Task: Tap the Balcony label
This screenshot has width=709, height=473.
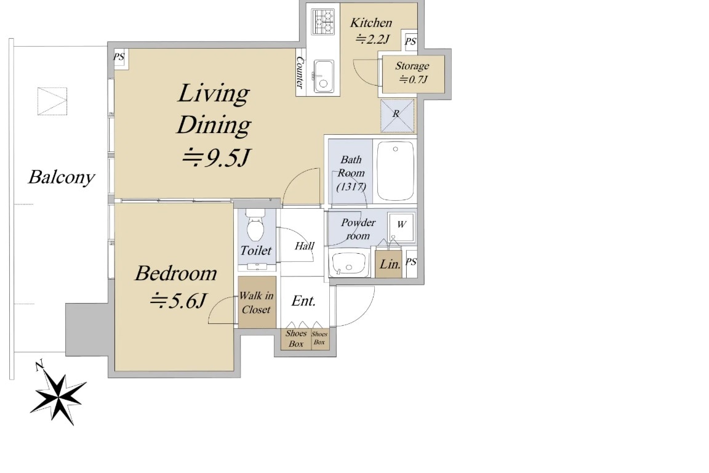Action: [62, 178]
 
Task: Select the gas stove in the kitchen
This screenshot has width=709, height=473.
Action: [322, 22]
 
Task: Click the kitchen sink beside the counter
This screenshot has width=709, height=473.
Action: [323, 76]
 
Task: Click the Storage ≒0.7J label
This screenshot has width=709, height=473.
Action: [412, 73]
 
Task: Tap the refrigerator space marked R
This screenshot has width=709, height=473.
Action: [397, 115]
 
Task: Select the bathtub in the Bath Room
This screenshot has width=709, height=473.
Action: [395, 171]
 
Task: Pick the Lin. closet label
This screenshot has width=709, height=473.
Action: [389, 264]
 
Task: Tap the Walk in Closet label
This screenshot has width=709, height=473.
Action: [256, 302]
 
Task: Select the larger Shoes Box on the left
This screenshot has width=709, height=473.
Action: [296, 339]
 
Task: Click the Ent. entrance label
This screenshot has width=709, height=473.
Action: [303, 301]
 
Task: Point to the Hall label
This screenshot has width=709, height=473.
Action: [304, 246]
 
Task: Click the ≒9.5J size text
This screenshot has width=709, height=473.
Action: [215, 159]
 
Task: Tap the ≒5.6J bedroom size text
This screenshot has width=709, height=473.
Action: [178, 301]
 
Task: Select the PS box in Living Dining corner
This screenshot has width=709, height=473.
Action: [119, 57]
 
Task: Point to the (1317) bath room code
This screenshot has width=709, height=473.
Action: [351, 187]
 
